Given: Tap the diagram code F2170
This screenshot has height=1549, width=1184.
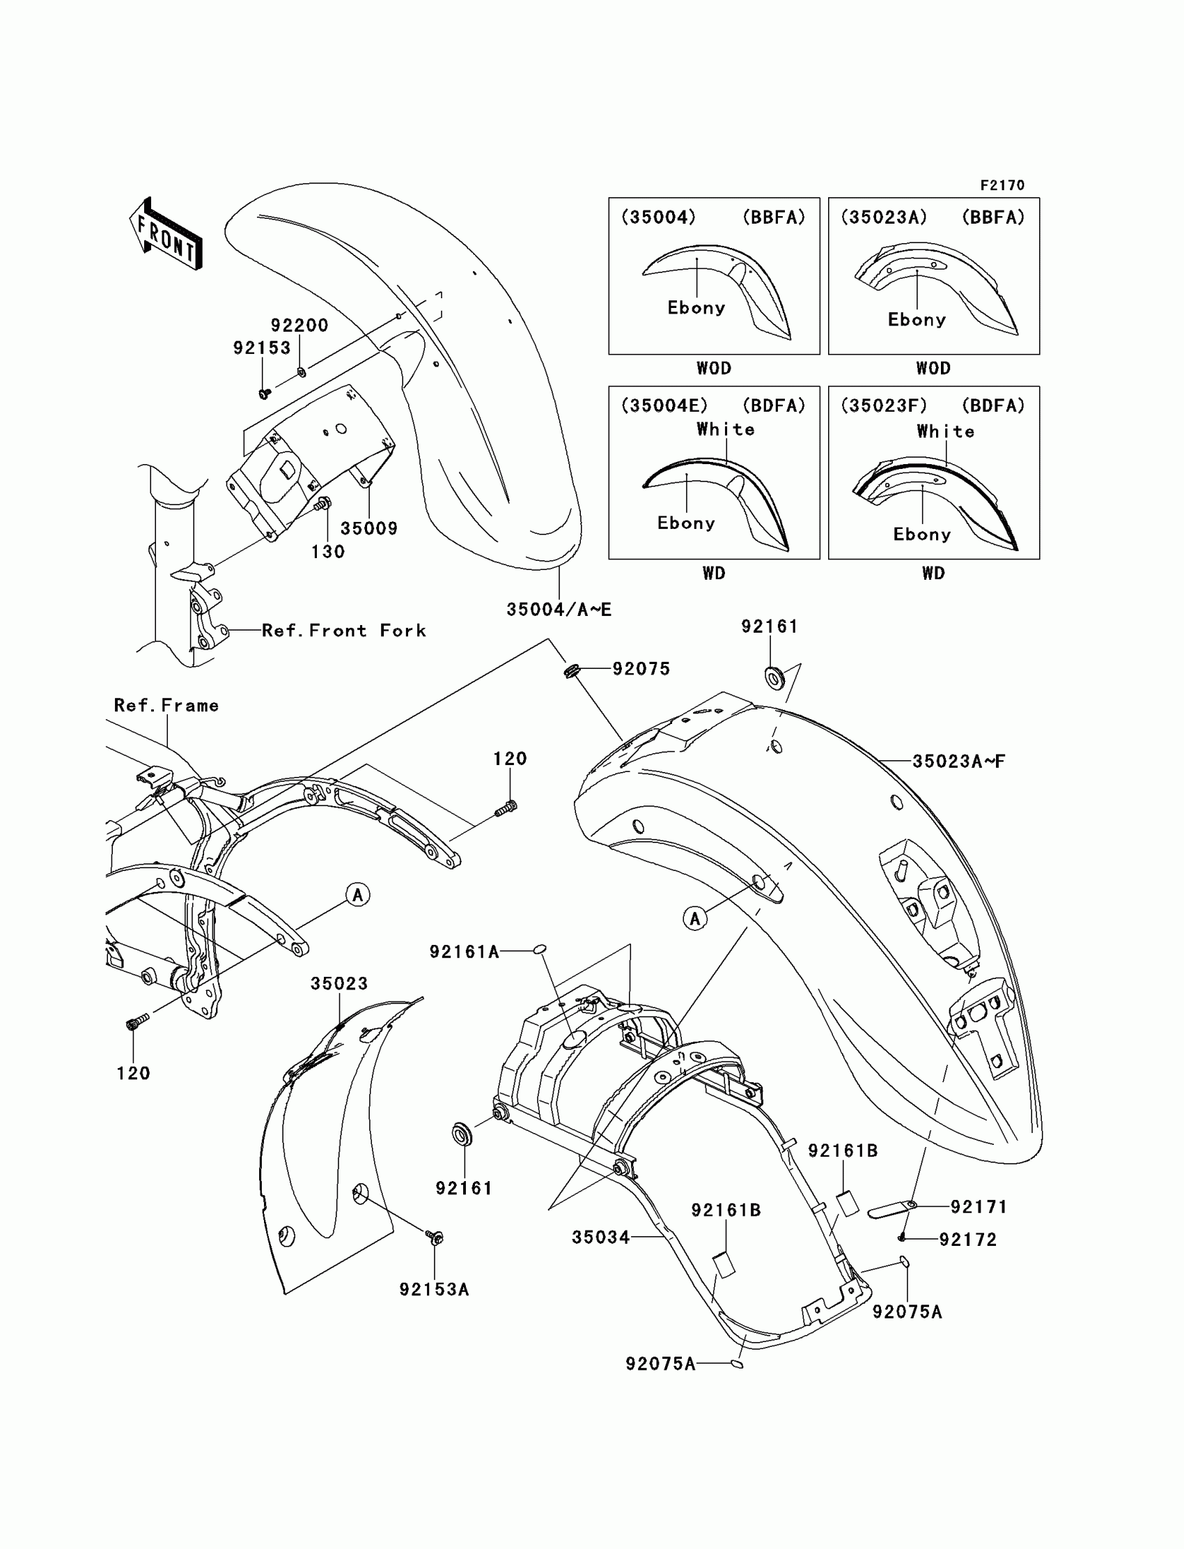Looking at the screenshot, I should coord(1002,185).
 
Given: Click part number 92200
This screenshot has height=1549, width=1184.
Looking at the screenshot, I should coord(299,325).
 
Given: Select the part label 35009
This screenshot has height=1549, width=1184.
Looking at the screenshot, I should coord(368,528).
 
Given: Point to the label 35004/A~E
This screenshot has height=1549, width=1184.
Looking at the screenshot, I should coord(559,610).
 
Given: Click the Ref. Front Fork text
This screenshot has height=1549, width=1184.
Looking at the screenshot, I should coord(344,631).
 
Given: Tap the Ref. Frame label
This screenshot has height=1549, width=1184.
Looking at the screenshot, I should coord(166,705).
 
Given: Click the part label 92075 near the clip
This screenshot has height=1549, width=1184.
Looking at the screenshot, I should coord(641,668).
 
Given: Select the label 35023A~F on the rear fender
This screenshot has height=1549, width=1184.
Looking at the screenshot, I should coord(958,762).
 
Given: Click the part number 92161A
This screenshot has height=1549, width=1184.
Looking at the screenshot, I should coord(465,952).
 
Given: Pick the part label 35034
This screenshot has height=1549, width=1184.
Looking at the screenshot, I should coord(600,1237).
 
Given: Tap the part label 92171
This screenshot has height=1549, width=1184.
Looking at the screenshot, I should coord(979,1207).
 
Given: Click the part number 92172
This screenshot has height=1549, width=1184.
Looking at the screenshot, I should coord(967,1240).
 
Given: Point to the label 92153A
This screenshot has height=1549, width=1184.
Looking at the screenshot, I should coord(434,1290).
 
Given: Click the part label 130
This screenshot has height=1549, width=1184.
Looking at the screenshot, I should coord(329,552).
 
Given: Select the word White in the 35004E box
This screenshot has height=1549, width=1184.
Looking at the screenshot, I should coord(725,429).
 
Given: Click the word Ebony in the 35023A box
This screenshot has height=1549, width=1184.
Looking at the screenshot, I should coord(916,320).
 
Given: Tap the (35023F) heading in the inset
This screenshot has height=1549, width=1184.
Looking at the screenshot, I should coord(884,406).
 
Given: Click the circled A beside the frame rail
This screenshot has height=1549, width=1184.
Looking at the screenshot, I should coord(358,895).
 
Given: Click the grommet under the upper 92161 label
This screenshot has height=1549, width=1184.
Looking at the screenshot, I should coord(774,679).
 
